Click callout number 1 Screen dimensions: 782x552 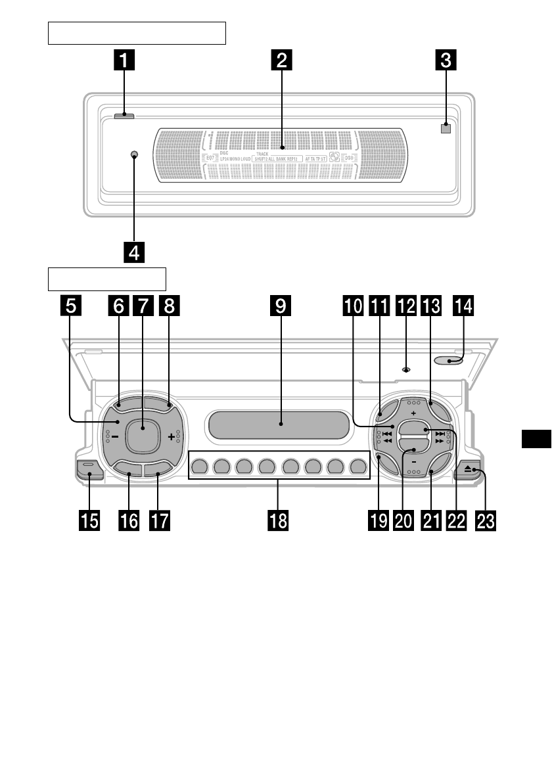click(x=123, y=61)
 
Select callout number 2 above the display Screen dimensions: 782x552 click(x=281, y=61)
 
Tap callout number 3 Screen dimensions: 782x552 click(x=446, y=61)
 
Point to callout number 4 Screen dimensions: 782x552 click(x=133, y=252)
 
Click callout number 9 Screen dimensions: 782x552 click(x=281, y=306)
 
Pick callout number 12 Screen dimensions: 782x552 click(x=405, y=306)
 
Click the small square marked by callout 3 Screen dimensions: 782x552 click(x=446, y=128)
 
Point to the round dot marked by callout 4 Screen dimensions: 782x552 click(x=133, y=155)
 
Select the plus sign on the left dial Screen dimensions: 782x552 click(x=172, y=436)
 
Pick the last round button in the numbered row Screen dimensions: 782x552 click(x=358, y=467)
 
